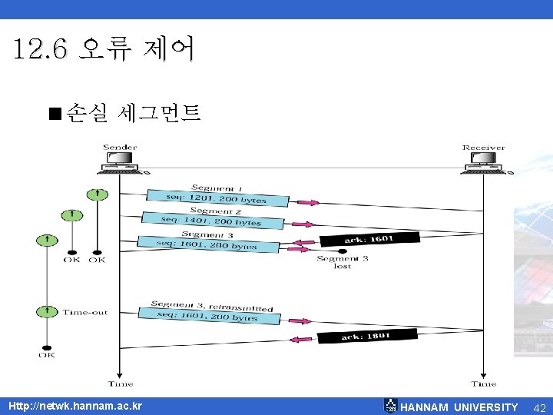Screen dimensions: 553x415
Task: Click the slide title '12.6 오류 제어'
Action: point(104,50)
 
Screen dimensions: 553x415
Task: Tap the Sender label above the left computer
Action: point(120,148)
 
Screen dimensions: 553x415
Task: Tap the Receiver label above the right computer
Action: point(483,148)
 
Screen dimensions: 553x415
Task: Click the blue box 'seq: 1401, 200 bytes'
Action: point(211,221)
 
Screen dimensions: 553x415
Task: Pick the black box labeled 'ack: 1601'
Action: point(369,240)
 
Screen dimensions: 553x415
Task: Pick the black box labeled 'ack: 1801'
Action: point(368,335)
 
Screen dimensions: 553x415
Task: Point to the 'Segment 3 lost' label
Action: point(343,262)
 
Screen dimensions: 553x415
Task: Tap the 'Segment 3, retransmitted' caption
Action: point(212,306)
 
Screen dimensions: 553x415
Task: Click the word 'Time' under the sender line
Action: point(121,383)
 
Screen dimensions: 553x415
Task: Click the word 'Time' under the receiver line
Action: point(484,383)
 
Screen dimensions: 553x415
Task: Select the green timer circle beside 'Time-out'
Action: point(48,311)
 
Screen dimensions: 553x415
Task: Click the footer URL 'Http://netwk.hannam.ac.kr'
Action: point(75,406)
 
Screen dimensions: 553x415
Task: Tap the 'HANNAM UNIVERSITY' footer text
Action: point(459,407)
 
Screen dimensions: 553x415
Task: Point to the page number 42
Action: point(538,407)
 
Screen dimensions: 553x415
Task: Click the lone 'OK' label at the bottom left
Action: point(47,354)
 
